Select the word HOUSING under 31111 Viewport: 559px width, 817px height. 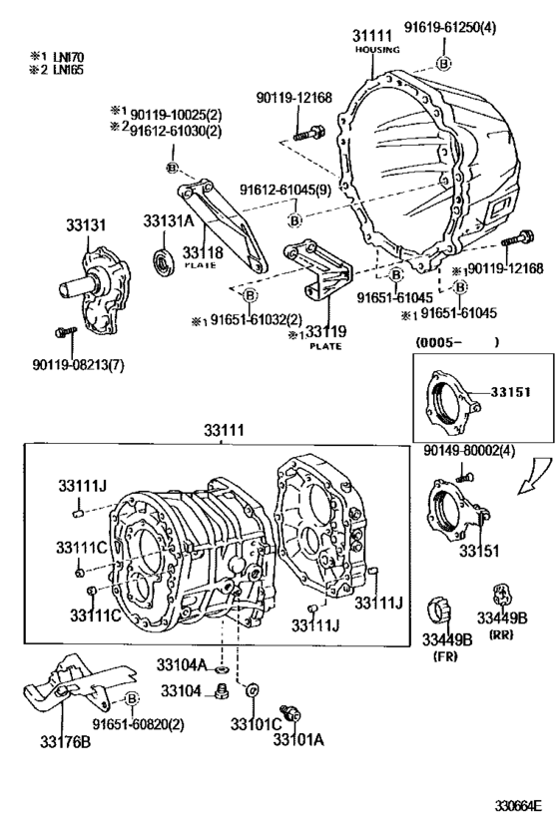point(376,49)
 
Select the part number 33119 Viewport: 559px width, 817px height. point(326,332)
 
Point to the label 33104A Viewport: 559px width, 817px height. point(181,665)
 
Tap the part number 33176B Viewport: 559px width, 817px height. point(65,740)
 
